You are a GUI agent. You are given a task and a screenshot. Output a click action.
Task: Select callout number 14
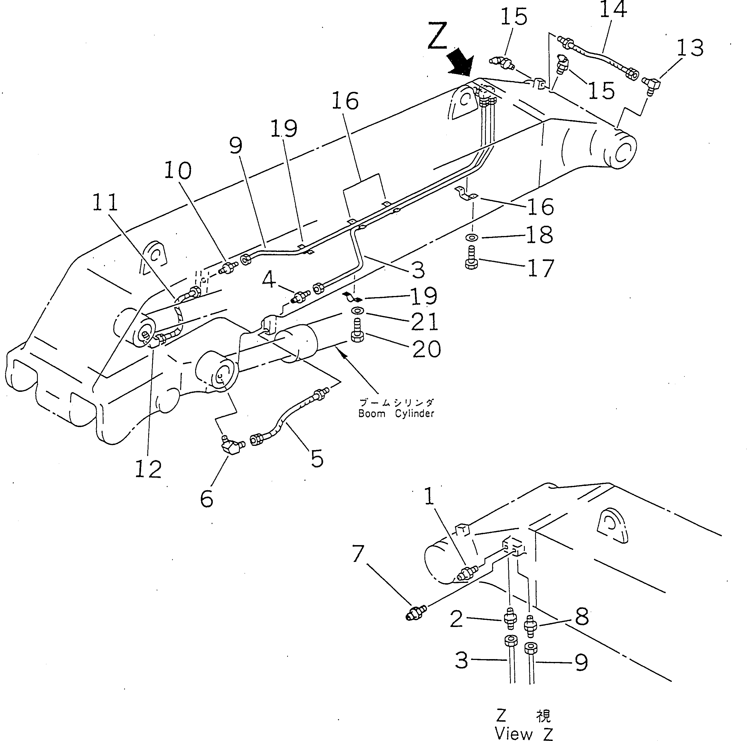(613, 10)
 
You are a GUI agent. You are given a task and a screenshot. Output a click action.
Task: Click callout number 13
(690, 48)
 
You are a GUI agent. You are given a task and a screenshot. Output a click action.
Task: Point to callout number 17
(540, 268)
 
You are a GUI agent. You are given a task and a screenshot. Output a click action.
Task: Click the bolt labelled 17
(471, 258)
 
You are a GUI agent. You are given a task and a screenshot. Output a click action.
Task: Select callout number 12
(148, 469)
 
